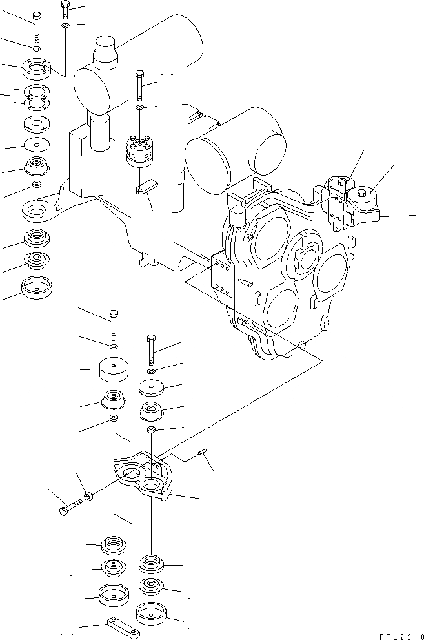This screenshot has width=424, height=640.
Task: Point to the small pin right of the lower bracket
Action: (203, 453)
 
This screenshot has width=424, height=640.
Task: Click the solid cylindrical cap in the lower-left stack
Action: (114, 373)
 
